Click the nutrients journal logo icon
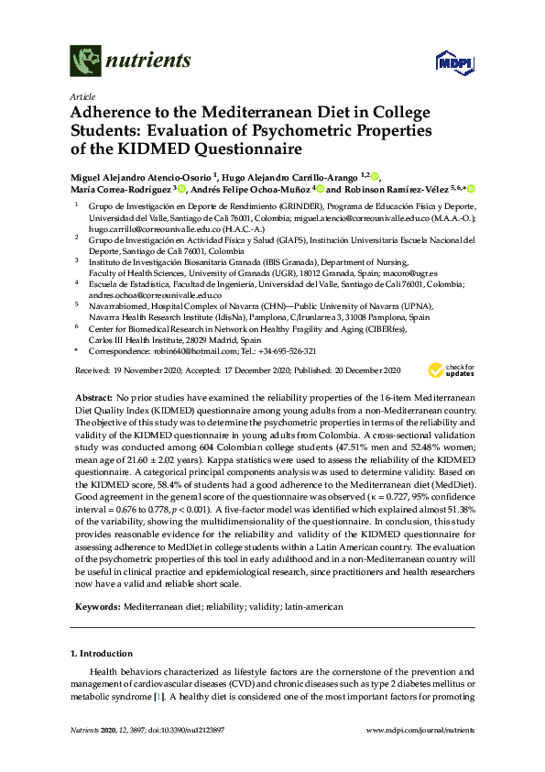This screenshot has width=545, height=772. [85, 61]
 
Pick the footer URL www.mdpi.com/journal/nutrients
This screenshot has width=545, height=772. [420, 729]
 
